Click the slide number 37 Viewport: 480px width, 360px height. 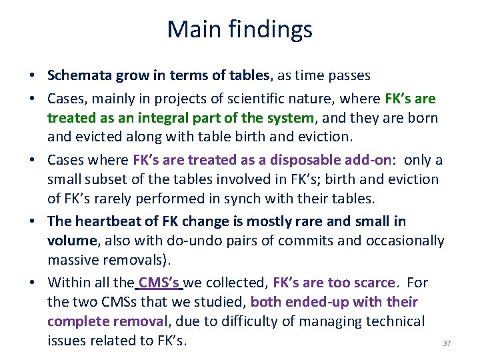coord(447,343)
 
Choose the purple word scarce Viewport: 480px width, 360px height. coord(374,282)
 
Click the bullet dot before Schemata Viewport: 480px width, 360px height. coord(37,77)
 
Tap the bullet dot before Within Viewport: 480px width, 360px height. coord(37,283)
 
